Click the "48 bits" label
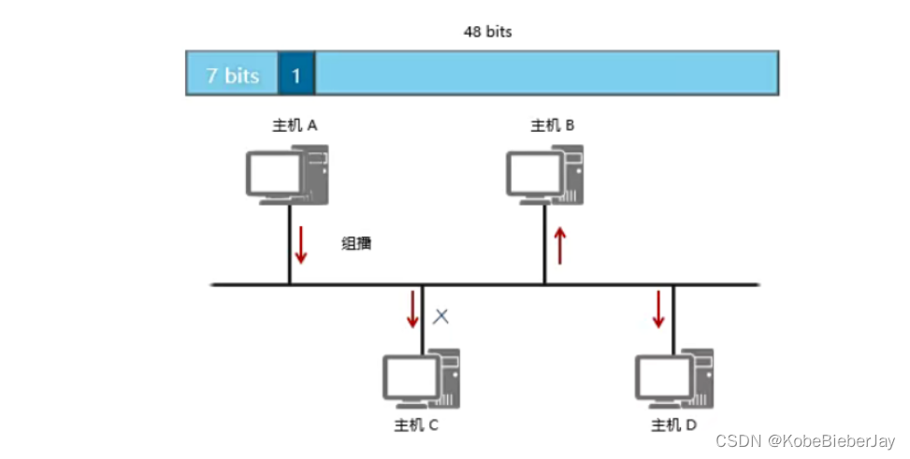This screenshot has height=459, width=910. point(487,32)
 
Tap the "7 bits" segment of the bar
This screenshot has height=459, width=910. point(232,75)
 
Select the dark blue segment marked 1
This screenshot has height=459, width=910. point(296,75)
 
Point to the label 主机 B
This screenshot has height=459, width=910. point(552,124)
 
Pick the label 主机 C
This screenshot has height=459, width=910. point(416,425)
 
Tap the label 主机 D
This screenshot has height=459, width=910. point(673,425)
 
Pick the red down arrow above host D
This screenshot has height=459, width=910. point(658,309)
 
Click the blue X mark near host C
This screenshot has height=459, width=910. point(441,316)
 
